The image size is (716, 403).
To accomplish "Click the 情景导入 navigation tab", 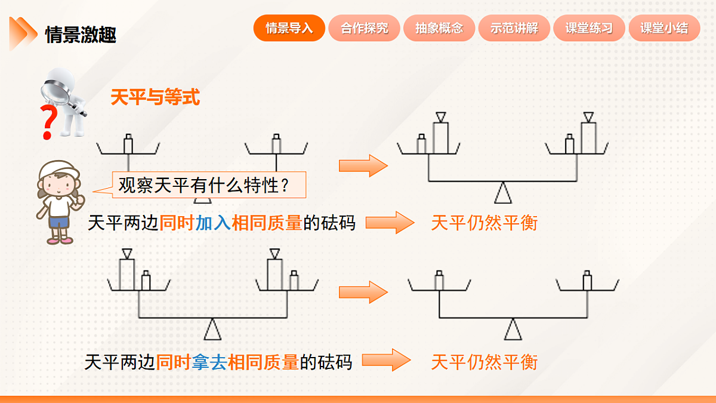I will point(289,28).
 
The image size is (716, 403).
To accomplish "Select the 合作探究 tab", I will point(364,28).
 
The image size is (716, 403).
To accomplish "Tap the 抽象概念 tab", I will point(439,28).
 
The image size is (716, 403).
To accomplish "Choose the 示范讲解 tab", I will point(514,28).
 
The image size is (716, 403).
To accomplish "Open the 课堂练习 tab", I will point(589,28).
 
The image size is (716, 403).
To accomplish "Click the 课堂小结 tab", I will point(664,28).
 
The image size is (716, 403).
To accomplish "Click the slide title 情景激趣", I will point(81,35).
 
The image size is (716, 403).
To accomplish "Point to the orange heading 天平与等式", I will point(155,97).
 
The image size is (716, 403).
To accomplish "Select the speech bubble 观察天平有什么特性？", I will point(209,186).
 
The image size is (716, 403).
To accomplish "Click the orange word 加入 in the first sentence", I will point(213,223).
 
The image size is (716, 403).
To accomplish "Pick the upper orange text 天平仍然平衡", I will point(484,223).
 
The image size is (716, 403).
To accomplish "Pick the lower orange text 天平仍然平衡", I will point(484,362).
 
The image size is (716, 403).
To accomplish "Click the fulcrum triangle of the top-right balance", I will point(503,193).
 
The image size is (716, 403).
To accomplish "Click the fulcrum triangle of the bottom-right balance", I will point(512,330).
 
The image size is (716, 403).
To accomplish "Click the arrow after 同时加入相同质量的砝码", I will point(389,223).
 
